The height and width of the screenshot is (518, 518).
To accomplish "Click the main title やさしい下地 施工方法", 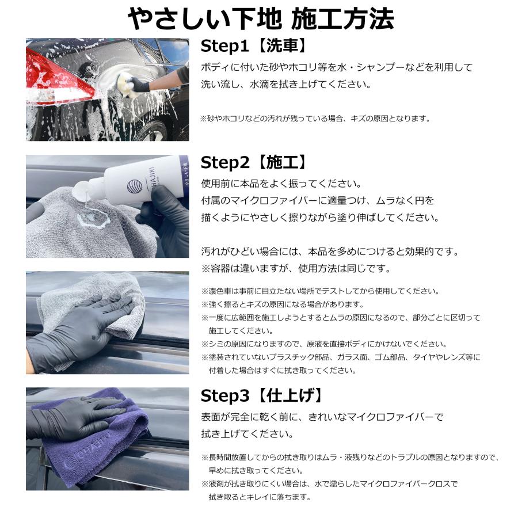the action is click(x=261, y=19).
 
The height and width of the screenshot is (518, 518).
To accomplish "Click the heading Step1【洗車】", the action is click(x=254, y=46).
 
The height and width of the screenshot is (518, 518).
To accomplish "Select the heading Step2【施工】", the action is click(x=254, y=162).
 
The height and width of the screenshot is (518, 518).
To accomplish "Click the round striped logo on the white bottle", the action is click(x=135, y=186).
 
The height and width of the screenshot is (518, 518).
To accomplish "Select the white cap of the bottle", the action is click(x=81, y=191).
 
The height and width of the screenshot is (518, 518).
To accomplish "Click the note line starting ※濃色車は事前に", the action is click(x=321, y=291).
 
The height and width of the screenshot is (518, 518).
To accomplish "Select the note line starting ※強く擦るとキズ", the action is click(x=283, y=304).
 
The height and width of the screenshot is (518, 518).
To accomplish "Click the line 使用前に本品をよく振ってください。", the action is click(x=282, y=184).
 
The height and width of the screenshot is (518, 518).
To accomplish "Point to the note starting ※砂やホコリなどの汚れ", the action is click(x=315, y=118).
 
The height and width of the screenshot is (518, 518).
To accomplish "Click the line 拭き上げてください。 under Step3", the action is click(x=247, y=434).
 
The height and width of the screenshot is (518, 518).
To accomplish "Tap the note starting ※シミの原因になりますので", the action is click(x=324, y=344).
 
